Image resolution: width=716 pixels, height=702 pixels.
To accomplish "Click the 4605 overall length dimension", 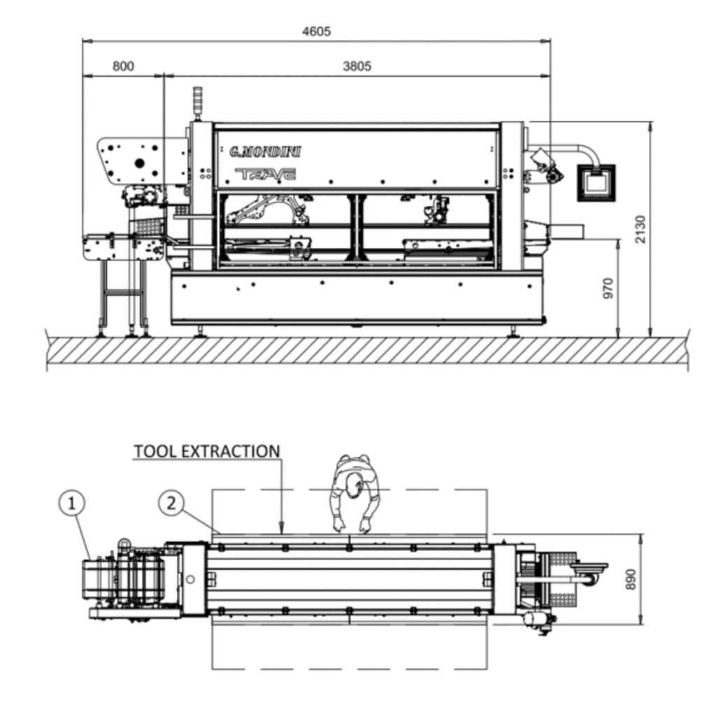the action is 317,31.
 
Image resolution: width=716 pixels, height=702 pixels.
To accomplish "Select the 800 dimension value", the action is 123,66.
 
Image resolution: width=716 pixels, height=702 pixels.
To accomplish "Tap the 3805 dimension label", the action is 357,66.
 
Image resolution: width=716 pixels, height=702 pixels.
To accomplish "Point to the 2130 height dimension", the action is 640,229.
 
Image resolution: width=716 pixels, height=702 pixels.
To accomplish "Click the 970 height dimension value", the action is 608,288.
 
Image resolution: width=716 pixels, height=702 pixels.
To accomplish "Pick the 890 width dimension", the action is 631,579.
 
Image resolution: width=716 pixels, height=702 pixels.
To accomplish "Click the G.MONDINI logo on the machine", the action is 265,152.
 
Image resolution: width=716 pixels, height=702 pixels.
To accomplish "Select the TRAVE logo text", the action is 265,174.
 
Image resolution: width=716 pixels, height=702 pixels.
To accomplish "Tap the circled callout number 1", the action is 72,504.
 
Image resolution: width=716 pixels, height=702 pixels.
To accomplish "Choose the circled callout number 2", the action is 171,504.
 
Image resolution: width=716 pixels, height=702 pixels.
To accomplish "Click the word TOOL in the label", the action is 155,451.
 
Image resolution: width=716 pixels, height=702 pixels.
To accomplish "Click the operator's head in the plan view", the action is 352,485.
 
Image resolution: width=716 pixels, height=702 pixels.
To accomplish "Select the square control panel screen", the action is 596,182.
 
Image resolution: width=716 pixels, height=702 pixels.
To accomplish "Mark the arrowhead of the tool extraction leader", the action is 281,529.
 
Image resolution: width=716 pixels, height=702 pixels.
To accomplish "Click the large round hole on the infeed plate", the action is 140,163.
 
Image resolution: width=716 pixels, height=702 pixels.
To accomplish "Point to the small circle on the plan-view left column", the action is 190,579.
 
